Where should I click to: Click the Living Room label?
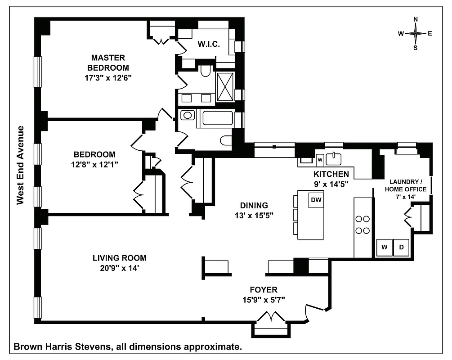click(119, 258)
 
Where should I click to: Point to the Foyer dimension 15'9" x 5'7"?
click(264, 299)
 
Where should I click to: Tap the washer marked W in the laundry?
click(385, 247)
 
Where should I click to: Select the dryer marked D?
click(402, 247)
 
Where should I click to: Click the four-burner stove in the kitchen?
click(362, 225)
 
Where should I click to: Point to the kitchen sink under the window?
click(334, 158)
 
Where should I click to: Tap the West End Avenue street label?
click(20, 165)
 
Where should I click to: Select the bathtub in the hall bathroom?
click(217, 119)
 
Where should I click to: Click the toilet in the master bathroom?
click(206, 71)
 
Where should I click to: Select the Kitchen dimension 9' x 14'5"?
click(331, 184)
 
